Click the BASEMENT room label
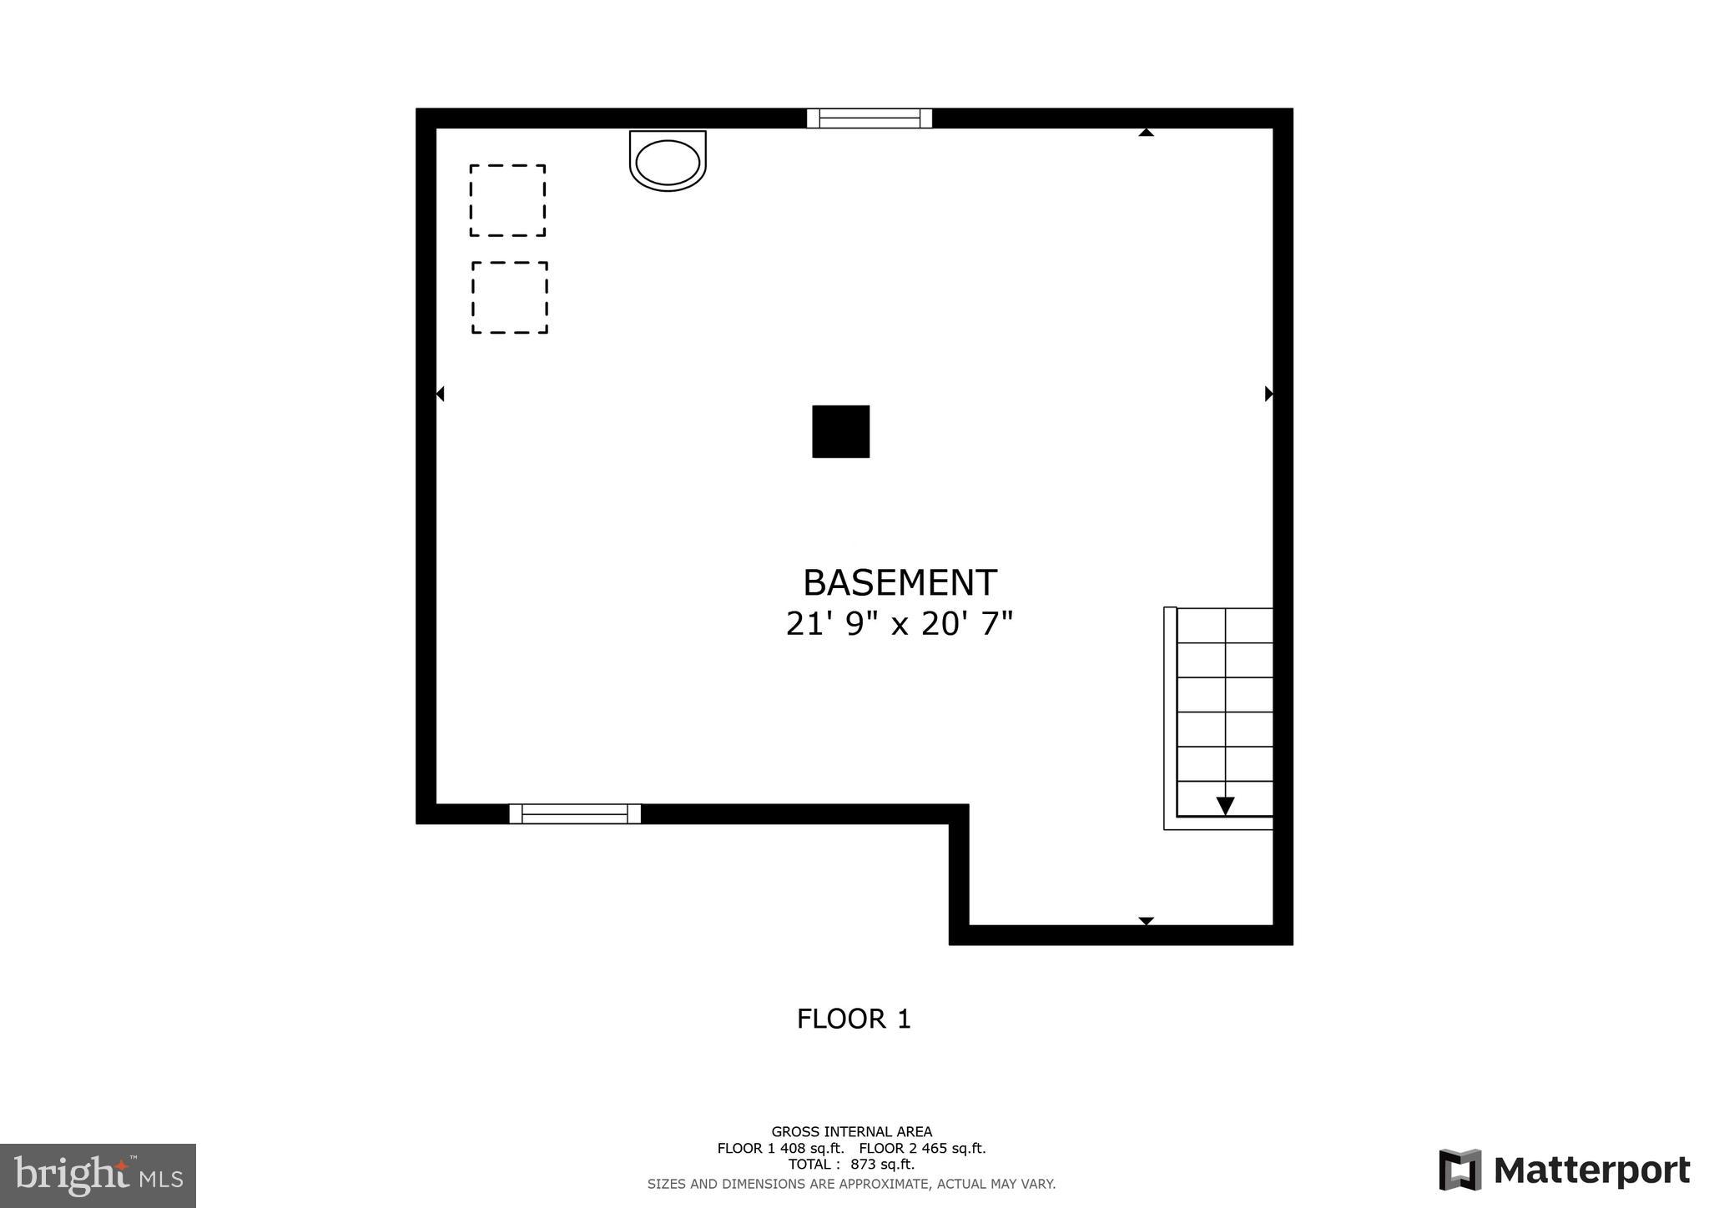tap(900, 583)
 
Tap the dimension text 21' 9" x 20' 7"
tap(899, 624)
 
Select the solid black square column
tap(840, 431)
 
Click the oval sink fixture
tap(668, 161)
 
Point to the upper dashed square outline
tap(507, 200)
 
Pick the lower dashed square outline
tap(510, 298)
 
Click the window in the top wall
tap(869, 118)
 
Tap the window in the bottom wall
tap(575, 813)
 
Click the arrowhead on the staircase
tap(1225, 806)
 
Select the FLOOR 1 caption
tap(854, 1019)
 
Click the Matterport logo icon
tap(1459, 1170)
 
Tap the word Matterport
tap(1591, 1170)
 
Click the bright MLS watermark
tap(98, 1175)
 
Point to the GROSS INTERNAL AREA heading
tap(851, 1132)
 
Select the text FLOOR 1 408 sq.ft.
tap(780, 1148)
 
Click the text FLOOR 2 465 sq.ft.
tap(922, 1148)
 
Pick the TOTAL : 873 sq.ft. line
tap(851, 1164)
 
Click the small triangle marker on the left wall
tap(440, 394)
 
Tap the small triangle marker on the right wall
tap(1268, 394)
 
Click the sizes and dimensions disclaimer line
tap(851, 1184)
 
